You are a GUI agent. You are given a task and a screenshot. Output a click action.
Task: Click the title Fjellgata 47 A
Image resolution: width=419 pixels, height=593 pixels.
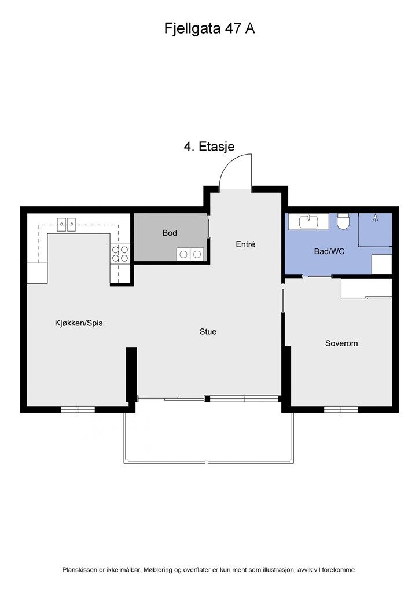[x=209, y=29]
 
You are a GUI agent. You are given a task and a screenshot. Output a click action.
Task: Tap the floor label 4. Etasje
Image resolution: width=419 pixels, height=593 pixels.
[x=209, y=147]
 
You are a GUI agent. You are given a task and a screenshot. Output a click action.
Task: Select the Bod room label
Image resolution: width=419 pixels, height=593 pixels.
[x=170, y=233]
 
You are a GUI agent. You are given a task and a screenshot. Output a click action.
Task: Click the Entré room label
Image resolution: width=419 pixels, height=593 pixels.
[x=245, y=244]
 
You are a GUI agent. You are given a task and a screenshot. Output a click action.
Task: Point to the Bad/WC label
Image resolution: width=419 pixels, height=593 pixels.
[x=329, y=251]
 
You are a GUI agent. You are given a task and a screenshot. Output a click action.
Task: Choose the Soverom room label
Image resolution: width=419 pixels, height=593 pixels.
[x=341, y=343]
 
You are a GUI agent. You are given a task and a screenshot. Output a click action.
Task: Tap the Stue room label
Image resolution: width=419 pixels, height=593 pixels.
[x=208, y=332]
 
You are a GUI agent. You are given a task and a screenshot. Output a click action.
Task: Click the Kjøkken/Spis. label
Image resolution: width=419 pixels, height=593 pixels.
[x=80, y=323]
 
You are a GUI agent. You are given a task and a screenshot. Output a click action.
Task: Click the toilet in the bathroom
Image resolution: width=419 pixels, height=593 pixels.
[x=343, y=221]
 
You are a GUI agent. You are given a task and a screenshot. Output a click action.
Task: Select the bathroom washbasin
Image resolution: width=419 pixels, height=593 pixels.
[x=308, y=222]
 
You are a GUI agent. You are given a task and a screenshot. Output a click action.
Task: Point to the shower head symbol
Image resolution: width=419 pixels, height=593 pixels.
[x=375, y=218]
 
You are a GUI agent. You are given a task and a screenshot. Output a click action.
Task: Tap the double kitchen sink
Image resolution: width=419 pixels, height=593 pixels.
[x=67, y=225]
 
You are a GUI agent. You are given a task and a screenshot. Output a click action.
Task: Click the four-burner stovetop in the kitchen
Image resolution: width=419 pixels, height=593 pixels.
[x=120, y=254]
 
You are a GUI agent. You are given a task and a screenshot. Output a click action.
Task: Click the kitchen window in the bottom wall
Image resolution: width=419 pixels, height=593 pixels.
[x=78, y=409]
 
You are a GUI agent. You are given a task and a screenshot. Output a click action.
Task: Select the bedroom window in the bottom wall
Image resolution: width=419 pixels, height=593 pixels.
[x=341, y=409]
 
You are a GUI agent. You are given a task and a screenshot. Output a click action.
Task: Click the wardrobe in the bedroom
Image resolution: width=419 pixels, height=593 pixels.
[x=366, y=289]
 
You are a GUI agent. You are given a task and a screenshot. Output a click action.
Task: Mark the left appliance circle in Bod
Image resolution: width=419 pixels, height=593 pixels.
[x=183, y=255]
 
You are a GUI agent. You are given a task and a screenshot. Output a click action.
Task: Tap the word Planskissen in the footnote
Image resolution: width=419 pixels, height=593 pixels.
[x=80, y=570]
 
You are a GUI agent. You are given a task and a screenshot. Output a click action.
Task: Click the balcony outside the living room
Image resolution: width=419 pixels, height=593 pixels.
[x=208, y=431]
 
